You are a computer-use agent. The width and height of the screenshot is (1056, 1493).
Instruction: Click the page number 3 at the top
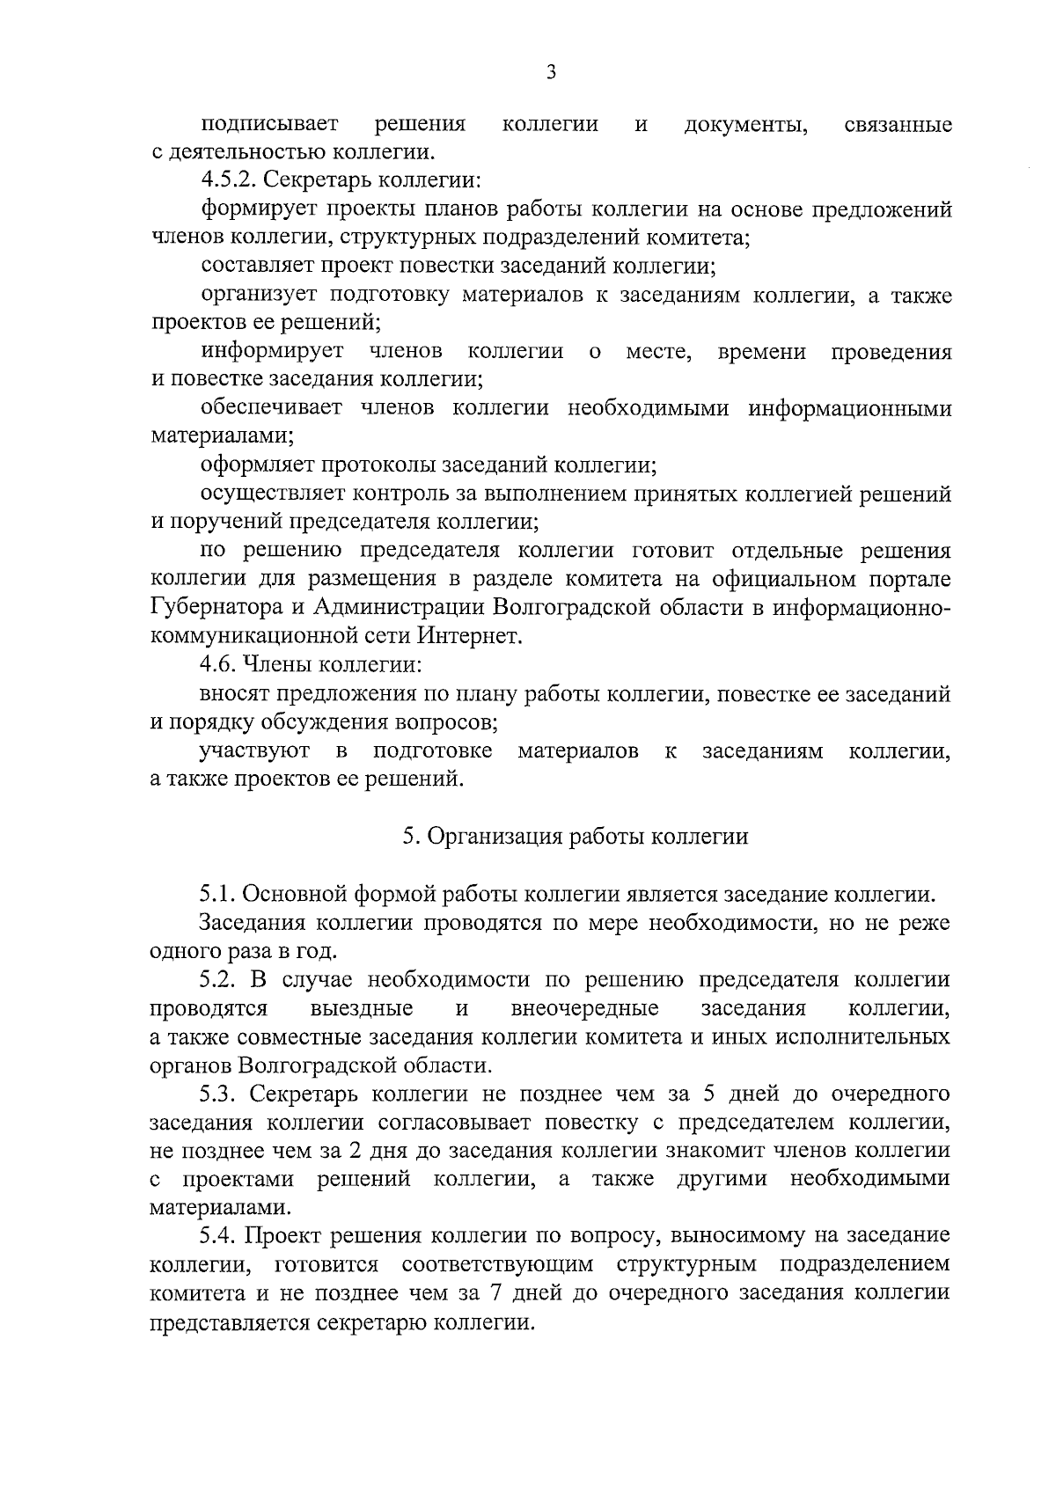pos(550,73)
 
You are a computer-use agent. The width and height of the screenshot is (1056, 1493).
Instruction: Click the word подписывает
pos(268,125)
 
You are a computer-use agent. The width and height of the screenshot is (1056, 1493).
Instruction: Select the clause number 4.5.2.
pos(230,181)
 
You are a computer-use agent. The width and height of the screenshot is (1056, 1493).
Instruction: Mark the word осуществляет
pos(268,494)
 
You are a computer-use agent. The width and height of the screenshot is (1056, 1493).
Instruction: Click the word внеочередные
pos(584,1007)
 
